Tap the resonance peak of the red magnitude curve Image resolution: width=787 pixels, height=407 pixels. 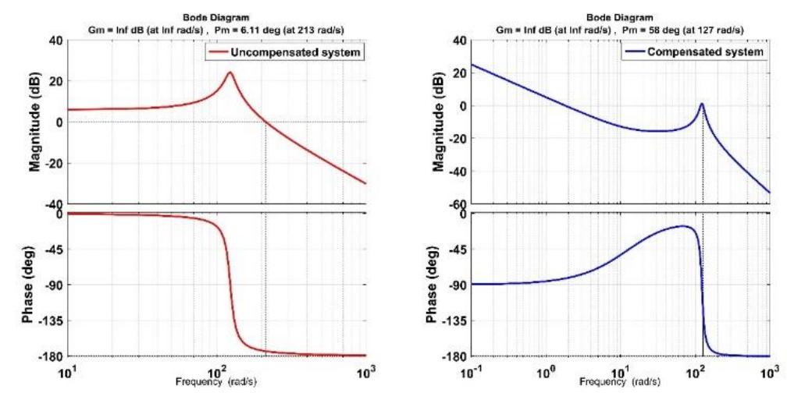tap(230, 73)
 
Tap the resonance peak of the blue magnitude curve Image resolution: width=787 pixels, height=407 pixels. tap(702, 104)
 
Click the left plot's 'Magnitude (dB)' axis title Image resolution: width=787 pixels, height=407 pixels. tap(35, 122)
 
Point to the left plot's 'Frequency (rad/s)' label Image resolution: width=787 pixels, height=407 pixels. tap(217, 382)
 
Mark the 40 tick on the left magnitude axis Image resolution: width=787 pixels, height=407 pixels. tap(55, 41)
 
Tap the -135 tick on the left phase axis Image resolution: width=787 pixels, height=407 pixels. tap(50, 320)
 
